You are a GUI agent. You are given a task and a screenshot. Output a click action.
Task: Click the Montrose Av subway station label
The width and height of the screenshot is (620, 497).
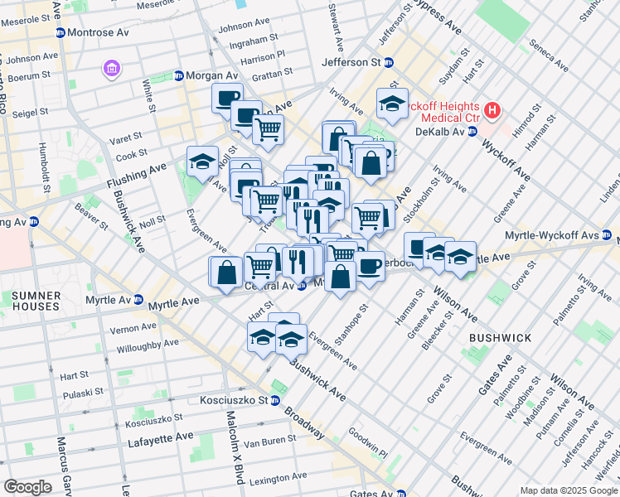click(x=98, y=32)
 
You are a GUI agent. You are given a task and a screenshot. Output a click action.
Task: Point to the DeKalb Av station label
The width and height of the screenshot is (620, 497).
click(x=440, y=132)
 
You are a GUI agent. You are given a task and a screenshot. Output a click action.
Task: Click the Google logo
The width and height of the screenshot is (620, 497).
click(x=27, y=487)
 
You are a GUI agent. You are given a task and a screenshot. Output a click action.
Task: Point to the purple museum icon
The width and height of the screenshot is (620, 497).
click(x=111, y=69)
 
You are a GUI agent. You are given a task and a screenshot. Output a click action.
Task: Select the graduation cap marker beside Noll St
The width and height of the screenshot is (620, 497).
click(x=202, y=163)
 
